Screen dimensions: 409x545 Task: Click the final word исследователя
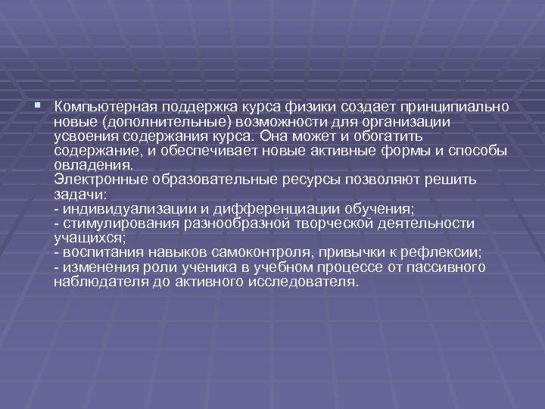point(302,282)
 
